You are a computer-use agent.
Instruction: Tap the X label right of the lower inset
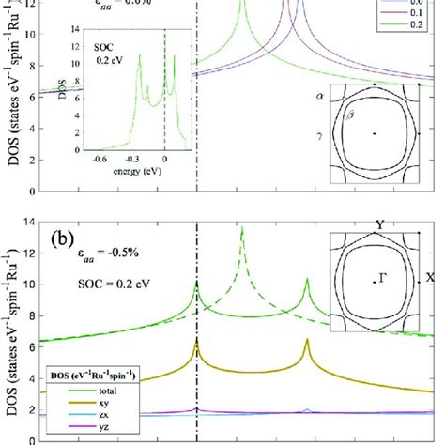(430, 278)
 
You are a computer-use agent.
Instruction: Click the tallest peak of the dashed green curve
(242, 228)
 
